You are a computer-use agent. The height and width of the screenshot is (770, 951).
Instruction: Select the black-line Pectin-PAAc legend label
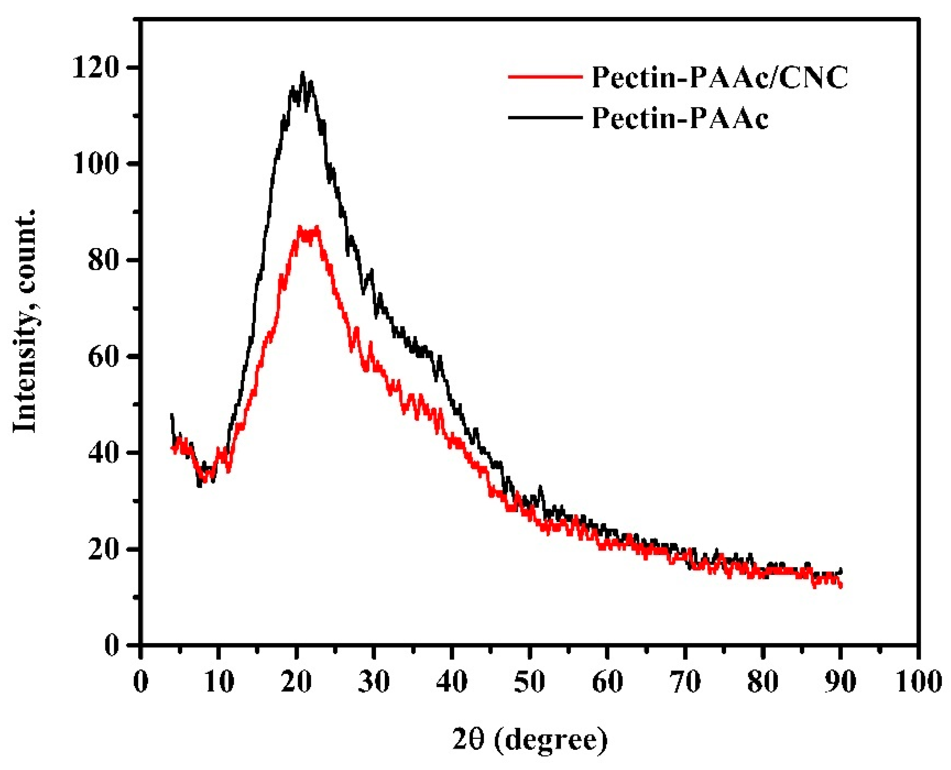coord(680,118)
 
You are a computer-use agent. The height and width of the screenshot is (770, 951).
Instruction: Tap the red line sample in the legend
coord(545,76)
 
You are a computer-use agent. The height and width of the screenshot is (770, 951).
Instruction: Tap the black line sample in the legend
coord(545,117)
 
